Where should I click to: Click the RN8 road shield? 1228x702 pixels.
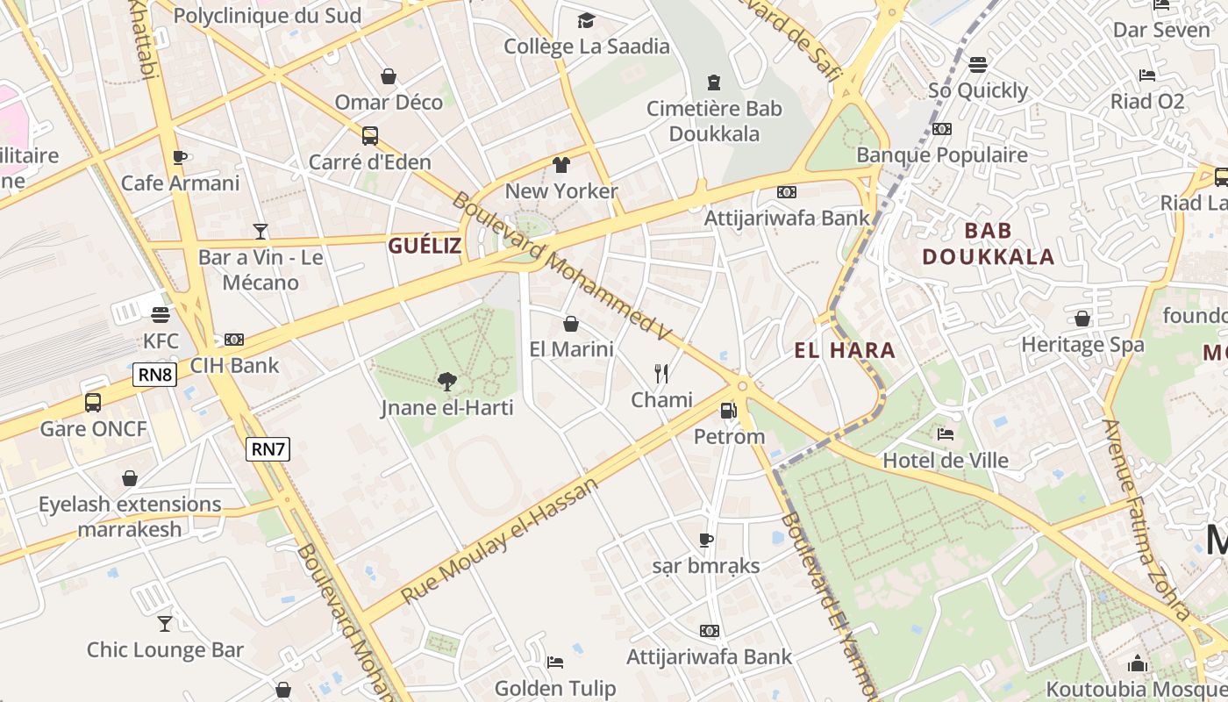155,376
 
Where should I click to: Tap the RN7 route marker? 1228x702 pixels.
268,449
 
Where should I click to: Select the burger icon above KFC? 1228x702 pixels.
160,314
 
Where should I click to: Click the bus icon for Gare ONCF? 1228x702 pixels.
93,403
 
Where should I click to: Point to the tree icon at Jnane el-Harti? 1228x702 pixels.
447,381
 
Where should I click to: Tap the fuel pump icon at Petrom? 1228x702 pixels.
728,410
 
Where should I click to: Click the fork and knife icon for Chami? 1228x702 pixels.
662,374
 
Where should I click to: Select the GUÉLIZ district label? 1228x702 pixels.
425,246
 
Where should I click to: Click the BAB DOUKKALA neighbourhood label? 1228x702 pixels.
989,244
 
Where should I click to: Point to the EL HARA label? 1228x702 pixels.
845,351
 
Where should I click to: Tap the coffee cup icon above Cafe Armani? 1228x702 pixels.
180,157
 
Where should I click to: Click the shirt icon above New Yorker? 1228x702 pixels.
561,165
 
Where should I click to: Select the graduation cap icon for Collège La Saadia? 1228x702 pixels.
586,20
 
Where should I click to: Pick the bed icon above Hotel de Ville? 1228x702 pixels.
945,433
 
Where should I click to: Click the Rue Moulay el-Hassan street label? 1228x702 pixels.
501,541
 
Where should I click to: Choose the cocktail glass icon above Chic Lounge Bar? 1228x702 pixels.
165,624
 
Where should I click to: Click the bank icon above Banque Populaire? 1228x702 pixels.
942,129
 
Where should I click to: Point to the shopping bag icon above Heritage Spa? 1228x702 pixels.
1082,319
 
